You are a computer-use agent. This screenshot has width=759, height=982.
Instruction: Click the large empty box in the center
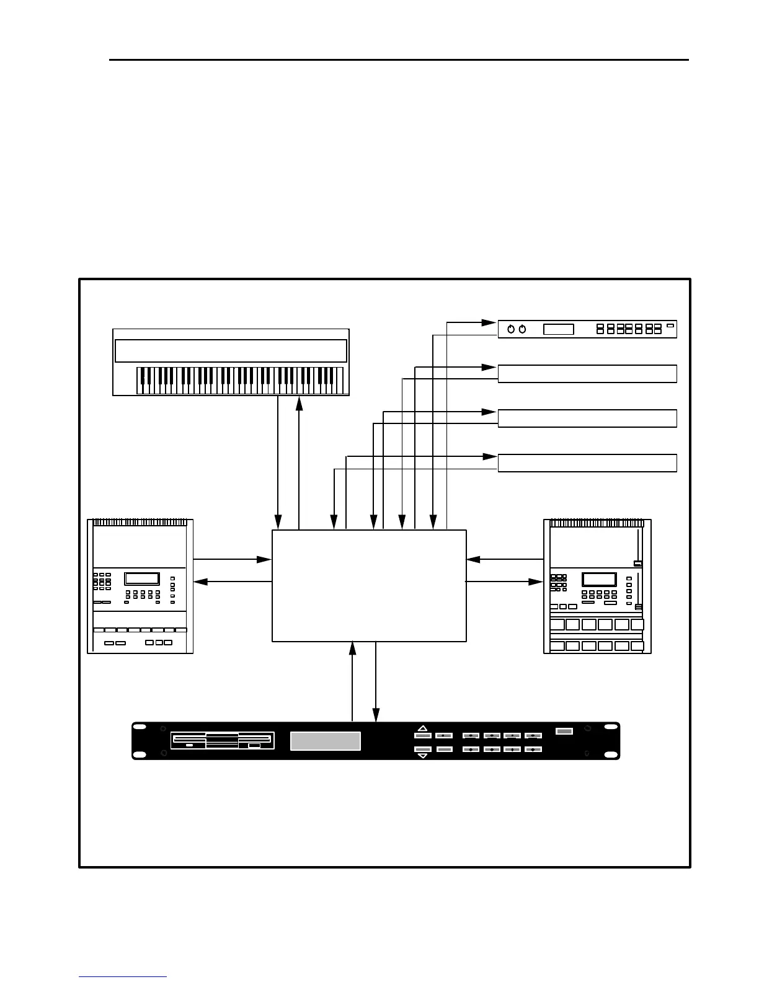369,585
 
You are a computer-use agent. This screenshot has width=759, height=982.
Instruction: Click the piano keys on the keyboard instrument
239,380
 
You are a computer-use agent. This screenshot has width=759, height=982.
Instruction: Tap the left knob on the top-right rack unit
511,329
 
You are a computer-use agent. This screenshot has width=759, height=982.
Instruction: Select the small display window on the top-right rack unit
558,329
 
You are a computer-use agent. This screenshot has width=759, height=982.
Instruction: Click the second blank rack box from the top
587,374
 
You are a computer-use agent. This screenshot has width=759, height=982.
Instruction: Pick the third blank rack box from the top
587,418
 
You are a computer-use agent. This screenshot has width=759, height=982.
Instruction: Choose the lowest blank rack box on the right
587,463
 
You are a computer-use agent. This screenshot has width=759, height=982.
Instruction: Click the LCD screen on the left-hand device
142,578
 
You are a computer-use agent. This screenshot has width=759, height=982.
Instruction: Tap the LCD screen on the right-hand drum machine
599,580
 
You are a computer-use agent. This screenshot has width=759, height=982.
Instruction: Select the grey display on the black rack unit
326,741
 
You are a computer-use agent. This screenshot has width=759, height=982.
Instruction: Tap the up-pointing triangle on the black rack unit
423,728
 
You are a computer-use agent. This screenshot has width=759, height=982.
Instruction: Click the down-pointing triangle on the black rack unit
423,756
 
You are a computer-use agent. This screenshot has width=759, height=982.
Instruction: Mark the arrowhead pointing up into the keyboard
300,403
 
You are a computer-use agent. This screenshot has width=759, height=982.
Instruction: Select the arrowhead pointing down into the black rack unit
376,715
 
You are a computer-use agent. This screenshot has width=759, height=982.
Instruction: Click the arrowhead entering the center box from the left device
265,559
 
